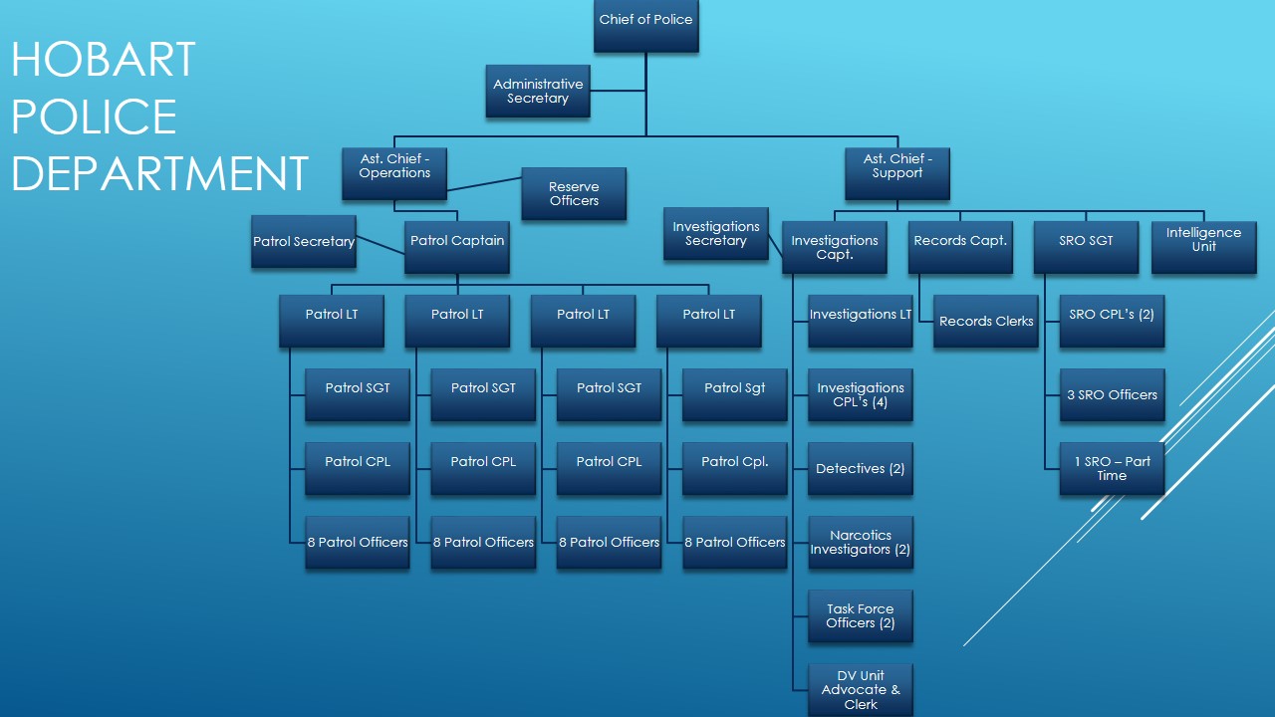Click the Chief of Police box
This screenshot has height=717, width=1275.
[x=645, y=25]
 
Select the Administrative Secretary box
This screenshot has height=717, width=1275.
[x=537, y=91]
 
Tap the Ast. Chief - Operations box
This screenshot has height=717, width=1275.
[x=394, y=172]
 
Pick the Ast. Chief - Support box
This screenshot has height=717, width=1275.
[x=896, y=172]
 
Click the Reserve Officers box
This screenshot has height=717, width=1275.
[x=574, y=193]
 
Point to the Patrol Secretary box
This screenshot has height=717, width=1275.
[x=303, y=241]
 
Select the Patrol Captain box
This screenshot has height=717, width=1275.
[x=456, y=246]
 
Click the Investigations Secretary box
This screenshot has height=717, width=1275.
[x=715, y=233]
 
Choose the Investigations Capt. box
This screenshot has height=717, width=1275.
[x=834, y=246]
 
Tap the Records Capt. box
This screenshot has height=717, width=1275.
[x=960, y=246]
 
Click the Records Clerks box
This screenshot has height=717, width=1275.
[x=985, y=321]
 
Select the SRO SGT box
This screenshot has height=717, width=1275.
[x=1086, y=246]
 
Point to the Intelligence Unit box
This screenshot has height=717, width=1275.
[x=1203, y=246]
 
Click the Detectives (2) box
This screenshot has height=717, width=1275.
[x=860, y=468]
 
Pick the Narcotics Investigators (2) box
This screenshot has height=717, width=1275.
[x=860, y=542]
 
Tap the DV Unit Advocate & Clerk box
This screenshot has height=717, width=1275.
[x=860, y=689]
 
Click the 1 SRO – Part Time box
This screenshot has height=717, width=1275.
[x=1112, y=468]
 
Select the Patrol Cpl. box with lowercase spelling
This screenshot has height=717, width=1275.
[x=734, y=468]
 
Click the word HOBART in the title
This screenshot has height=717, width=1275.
[x=104, y=60]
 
